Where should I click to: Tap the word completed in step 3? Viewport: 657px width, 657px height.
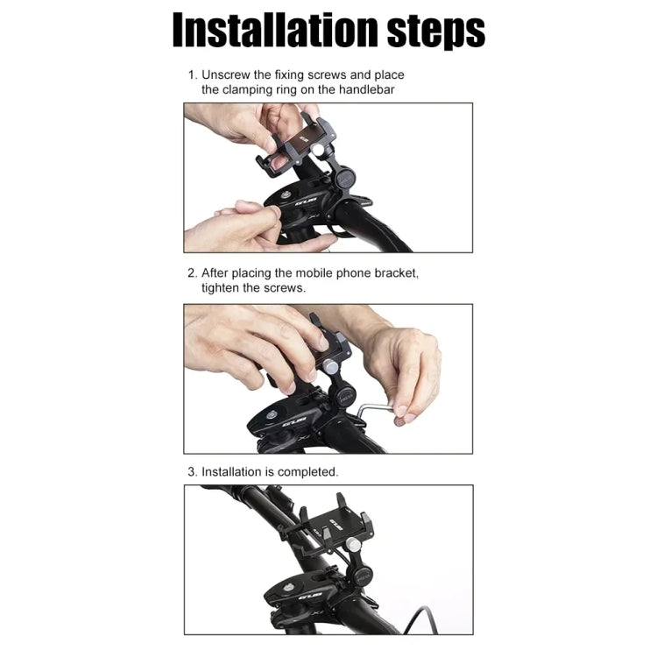click(308, 471)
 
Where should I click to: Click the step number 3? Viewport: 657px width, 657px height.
click(191, 471)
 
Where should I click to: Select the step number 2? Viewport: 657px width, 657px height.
click(191, 272)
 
